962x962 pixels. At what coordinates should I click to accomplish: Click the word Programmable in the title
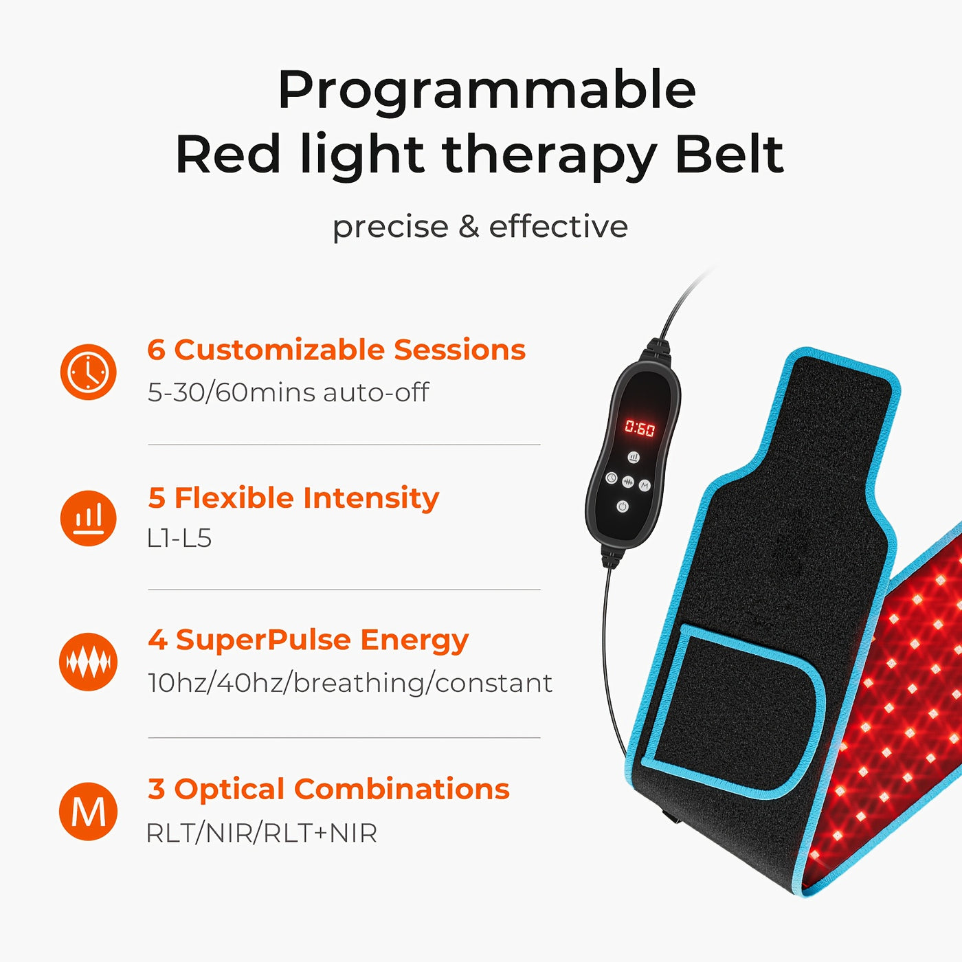click(x=486, y=91)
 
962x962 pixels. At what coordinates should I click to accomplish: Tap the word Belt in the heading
click(x=729, y=154)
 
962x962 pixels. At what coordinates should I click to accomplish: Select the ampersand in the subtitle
click(x=469, y=227)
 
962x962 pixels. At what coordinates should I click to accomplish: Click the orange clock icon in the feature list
click(x=89, y=372)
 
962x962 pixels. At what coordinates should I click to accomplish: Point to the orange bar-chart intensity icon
click(x=89, y=518)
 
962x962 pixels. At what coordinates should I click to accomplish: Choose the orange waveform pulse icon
click(x=89, y=662)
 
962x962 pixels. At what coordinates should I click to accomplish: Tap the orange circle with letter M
click(x=89, y=812)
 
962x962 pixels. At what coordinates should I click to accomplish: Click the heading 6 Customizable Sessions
click(x=336, y=350)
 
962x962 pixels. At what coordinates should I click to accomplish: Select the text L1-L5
click(x=179, y=538)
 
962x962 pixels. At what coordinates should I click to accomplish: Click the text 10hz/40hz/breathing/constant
click(x=350, y=683)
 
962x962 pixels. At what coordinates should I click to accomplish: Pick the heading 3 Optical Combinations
click(x=328, y=789)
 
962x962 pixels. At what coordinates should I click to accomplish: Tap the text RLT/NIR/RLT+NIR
click(x=262, y=834)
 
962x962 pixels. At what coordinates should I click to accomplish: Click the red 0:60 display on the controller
click(x=640, y=429)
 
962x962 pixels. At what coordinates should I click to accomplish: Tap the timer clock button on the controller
click(x=611, y=478)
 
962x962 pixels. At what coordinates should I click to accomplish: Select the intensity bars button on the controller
click(x=633, y=457)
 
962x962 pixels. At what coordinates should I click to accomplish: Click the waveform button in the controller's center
click(x=627, y=483)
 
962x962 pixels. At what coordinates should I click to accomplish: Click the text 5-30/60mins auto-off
click(x=288, y=392)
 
